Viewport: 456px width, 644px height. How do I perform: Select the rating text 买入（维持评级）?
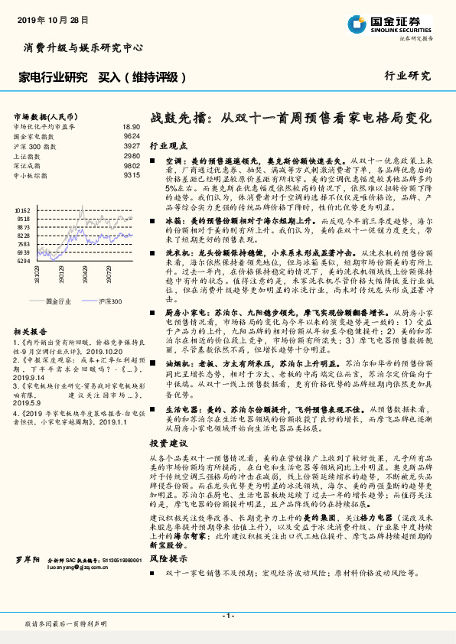click(143, 76)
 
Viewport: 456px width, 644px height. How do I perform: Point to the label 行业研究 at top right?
click(407, 76)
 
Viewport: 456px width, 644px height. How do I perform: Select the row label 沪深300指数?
click(34, 145)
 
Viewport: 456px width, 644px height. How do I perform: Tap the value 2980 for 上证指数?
click(132, 155)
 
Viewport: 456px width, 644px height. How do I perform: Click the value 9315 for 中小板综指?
click(132, 175)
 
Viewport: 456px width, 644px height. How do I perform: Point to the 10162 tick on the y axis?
click(22, 208)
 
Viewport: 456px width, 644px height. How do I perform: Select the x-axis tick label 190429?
click(85, 275)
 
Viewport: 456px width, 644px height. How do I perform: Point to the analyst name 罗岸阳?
click(27, 560)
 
